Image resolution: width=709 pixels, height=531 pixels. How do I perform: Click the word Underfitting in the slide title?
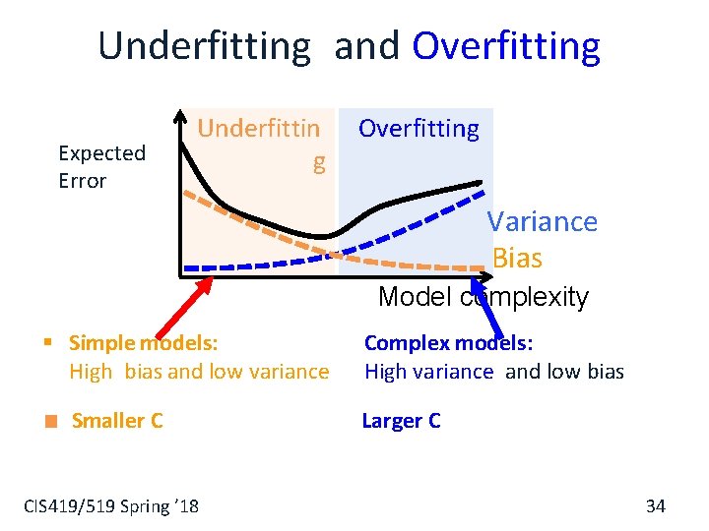tap(204, 46)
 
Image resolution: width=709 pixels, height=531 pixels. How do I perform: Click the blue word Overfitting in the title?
tap(506, 46)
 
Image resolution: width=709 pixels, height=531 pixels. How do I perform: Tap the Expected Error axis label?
tap(101, 166)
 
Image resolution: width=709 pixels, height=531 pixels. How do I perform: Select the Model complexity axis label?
tap(483, 297)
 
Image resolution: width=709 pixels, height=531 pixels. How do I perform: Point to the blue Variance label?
tap(543, 221)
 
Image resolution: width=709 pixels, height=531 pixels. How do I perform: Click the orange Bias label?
tap(517, 258)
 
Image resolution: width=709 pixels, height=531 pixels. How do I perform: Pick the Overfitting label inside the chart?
tap(419, 129)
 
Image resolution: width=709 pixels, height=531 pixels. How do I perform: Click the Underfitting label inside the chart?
tap(260, 144)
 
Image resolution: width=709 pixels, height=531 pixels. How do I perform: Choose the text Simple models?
tap(144, 343)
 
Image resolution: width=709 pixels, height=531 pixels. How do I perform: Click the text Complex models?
tap(448, 343)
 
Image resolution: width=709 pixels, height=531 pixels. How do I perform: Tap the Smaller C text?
tap(117, 421)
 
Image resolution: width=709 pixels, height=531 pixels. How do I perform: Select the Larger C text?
tap(401, 421)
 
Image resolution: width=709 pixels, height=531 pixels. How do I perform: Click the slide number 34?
tap(655, 505)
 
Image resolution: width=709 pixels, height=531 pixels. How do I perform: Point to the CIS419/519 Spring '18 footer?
tap(110, 505)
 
